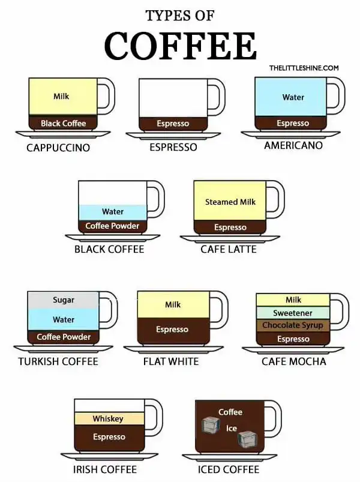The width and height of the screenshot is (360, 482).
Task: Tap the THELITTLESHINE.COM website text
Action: coord(304,68)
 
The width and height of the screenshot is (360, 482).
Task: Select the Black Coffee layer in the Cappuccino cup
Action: coord(63,123)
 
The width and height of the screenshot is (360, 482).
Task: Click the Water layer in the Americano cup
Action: coord(293,97)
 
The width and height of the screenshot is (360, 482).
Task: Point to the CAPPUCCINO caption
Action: coord(58,147)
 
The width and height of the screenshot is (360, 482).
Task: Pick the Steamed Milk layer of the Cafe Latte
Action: coord(230,202)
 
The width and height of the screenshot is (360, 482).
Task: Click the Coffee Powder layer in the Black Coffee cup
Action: coord(112,226)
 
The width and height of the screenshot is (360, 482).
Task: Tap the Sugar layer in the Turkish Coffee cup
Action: coord(63,300)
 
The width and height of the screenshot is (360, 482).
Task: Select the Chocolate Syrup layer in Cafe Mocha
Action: coord(293,325)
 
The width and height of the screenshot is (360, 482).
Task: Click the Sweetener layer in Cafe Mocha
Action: coord(293,313)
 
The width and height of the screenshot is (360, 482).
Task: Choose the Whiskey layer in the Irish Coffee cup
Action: coord(108,418)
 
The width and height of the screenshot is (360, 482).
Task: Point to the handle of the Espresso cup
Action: coord(217,96)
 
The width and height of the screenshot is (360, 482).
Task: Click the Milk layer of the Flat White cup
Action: coord(173,305)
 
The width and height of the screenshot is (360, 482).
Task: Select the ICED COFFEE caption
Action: coord(229,469)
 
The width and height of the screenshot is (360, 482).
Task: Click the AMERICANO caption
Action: coord(293,145)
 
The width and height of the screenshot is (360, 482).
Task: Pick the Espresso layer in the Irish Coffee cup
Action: coord(109,437)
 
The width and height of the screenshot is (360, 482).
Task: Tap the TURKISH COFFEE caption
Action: coord(58,362)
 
